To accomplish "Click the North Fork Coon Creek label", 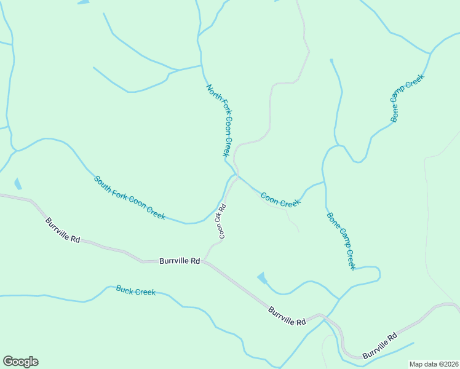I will click(x=221, y=120).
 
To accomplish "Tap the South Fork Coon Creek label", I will click(x=129, y=198).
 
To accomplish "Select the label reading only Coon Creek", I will click(x=280, y=200).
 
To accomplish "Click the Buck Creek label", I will click(x=136, y=290).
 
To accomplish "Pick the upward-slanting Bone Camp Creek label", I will click(x=407, y=98).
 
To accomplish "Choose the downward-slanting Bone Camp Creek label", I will click(x=341, y=240).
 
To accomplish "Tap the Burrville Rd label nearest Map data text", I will click(x=379, y=347).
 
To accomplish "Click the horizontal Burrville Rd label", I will click(x=180, y=261).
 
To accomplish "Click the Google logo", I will click(x=20, y=362).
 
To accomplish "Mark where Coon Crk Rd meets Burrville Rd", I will click(x=206, y=261).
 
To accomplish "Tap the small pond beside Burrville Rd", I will click(x=262, y=278).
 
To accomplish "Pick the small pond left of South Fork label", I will click(x=17, y=183).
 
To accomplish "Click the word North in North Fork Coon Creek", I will click(x=210, y=92).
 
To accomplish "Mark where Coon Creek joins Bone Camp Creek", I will click(x=324, y=183).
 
